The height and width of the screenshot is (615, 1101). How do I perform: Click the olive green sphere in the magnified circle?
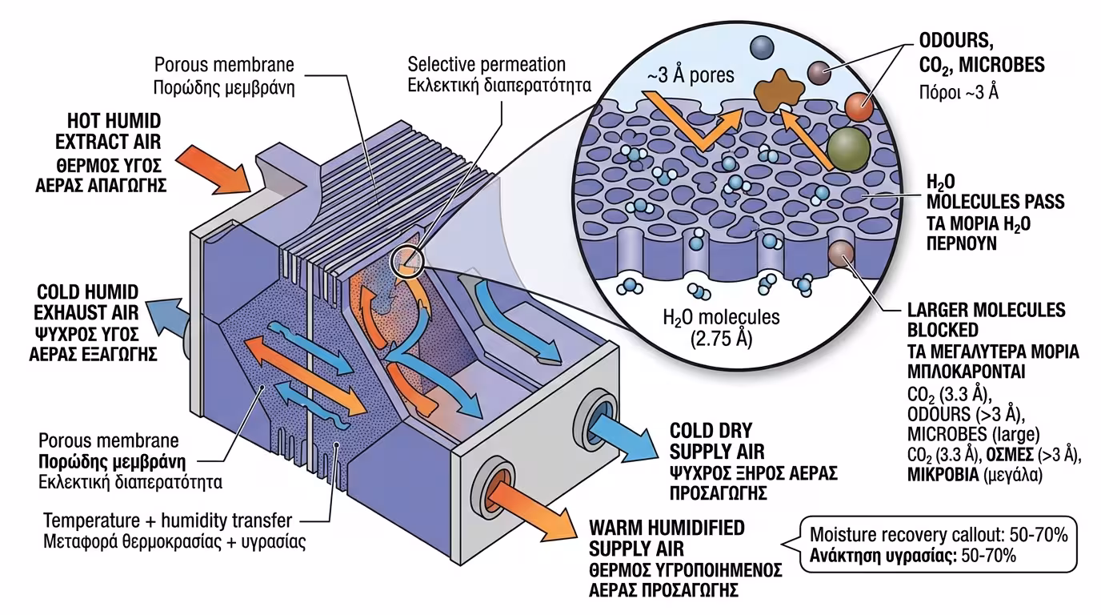[849, 149]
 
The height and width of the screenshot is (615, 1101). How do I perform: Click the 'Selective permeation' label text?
[486, 64]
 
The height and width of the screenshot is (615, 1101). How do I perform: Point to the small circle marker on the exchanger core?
[404, 261]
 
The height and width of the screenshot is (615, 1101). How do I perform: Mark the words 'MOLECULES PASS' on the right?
[995, 203]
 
